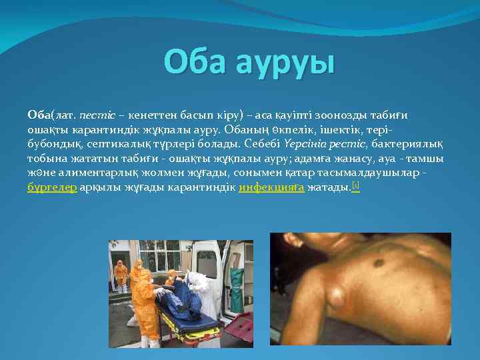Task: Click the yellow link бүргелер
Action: point(51,188)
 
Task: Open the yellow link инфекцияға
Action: point(271,188)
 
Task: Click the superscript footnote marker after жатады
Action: point(355,185)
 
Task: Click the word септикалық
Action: point(122,144)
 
